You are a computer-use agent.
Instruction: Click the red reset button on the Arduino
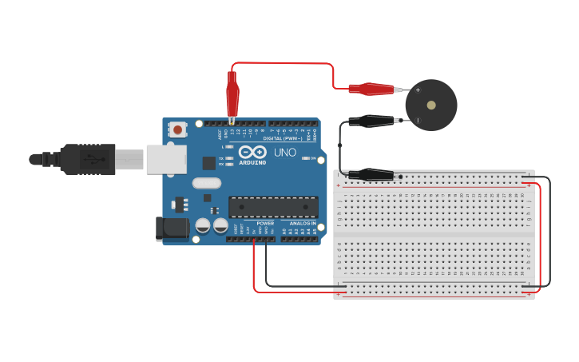(x=177, y=129)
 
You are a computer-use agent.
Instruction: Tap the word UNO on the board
(x=285, y=152)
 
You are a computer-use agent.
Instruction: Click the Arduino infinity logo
(x=252, y=152)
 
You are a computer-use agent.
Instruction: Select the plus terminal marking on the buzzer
(x=418, y=90)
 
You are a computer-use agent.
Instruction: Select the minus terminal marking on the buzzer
(x=418, y=121)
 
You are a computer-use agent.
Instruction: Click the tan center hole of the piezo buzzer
(x=431, y=105)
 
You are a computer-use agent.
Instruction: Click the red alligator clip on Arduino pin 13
(x=232, y=96)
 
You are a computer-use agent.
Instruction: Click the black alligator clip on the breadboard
(x=371, y=174)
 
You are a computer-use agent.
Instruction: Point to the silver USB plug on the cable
(x=129, y=159)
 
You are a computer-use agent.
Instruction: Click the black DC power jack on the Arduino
(x=172, y=229)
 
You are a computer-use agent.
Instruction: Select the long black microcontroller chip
(x=273, y=207)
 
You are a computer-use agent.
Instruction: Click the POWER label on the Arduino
(x=265, y=223)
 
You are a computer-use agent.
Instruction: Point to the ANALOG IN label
(x=302, y=223)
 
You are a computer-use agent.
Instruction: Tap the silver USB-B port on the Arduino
(x=166, y=159)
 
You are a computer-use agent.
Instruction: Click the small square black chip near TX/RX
(x=208, y=163)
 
